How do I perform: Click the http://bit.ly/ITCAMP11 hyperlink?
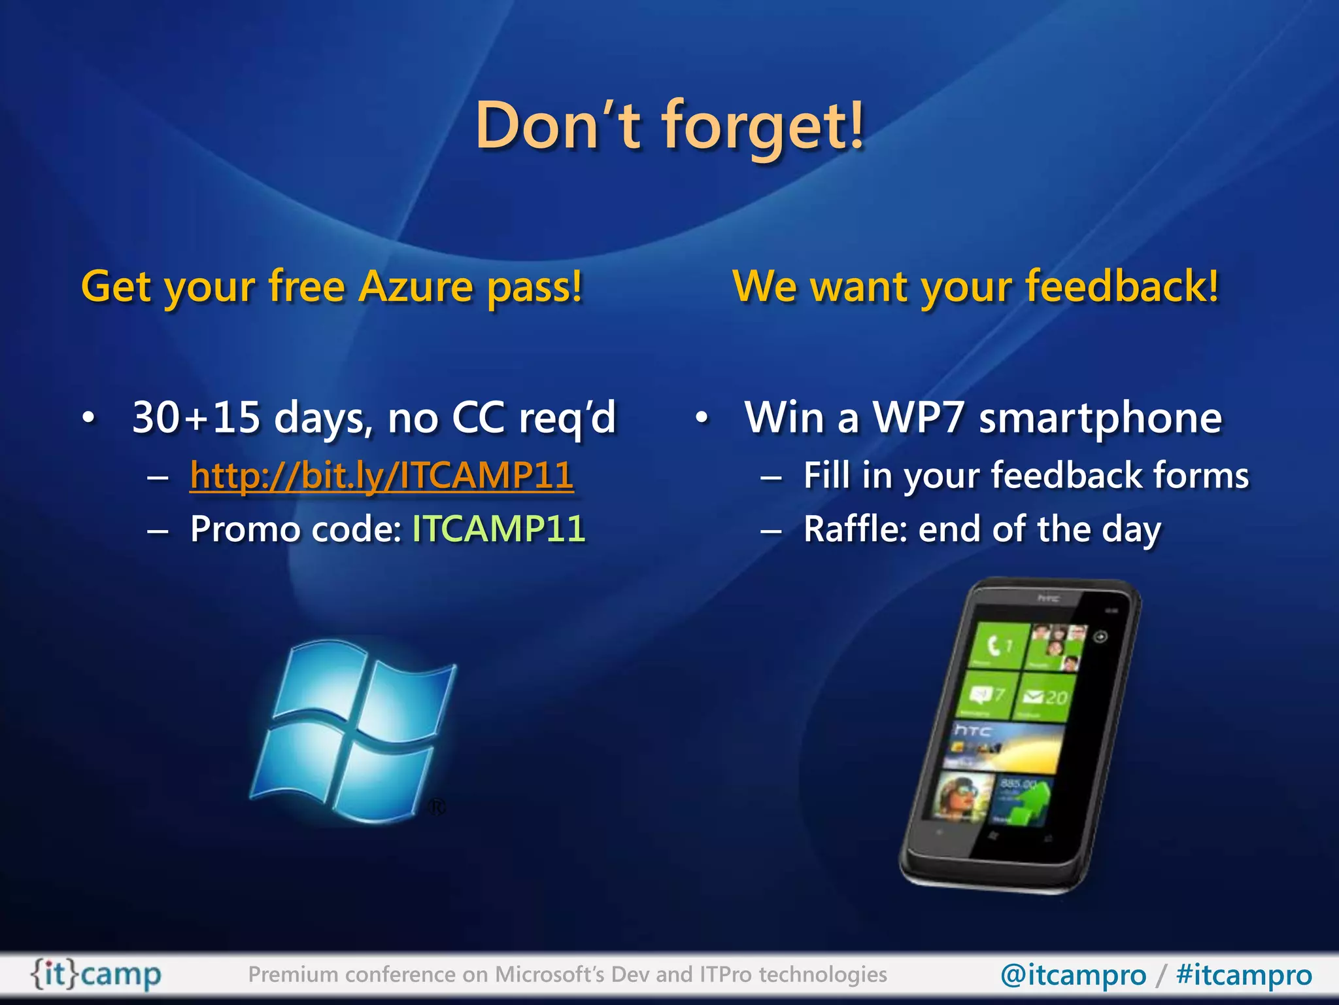(381, 476)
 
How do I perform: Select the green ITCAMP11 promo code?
(498, 529)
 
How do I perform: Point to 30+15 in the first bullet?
(195, 417)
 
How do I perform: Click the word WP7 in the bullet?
(919, 417)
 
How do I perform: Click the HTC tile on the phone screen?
(1004, 746)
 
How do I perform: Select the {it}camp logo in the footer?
(96, 975)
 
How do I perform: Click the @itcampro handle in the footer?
(1073, 975)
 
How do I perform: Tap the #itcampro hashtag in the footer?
(1244, 975)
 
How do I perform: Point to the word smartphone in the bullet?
(1100, 417)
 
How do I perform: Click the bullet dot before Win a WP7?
(702, 417)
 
